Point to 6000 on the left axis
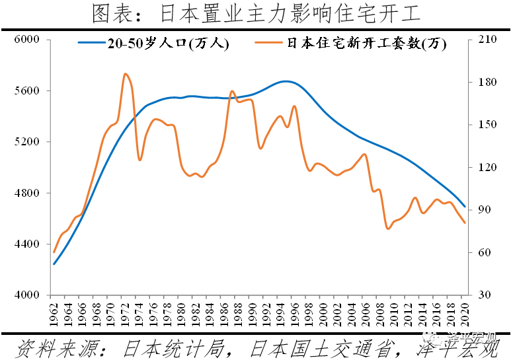28,40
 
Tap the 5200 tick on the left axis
28,142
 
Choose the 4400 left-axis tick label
28,244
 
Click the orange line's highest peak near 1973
126,73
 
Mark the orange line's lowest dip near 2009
387,229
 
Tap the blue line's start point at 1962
54,264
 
